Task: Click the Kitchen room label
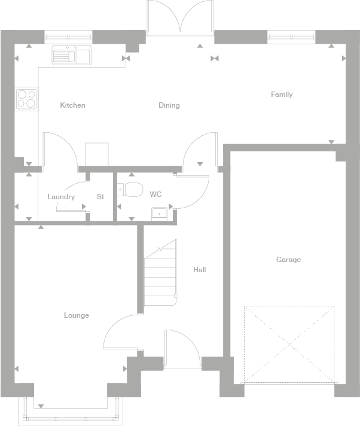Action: click(72, 105)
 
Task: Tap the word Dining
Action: click(169, 105)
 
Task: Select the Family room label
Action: click(282, 95)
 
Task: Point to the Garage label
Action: click(288, 260)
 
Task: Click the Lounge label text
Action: click(77, 315)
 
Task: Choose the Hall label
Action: click(199, 270)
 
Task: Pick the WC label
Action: click(155, 194)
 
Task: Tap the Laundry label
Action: click(61, 197)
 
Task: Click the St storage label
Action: click(100, 197)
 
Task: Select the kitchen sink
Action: click(71, 56)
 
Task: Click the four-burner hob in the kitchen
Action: click(26, 99)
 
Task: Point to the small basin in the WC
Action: click(159, 213)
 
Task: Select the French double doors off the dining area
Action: click(181, 18)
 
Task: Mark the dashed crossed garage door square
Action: click(289, 344)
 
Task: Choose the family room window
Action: click(291, 37)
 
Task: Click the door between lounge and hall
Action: click(120, 332)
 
